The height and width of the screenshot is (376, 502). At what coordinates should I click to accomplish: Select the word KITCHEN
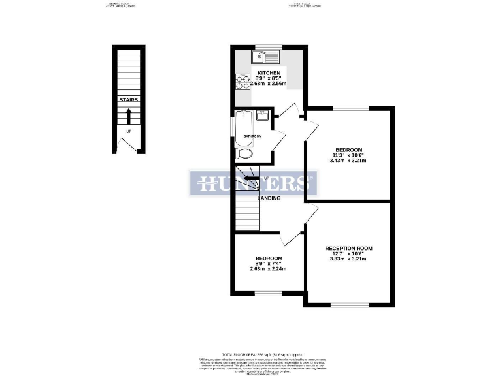[x=269, y=73]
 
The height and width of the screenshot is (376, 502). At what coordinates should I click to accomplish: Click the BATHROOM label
[x=252, y=136]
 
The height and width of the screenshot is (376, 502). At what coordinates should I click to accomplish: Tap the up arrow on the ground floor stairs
[x=129, y=116]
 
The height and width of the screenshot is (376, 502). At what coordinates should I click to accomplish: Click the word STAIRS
[x=129, y=100]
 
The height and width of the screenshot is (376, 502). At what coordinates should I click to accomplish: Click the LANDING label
[x=269, y=198]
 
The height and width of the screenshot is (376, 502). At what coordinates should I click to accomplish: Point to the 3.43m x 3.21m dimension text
[x=348, y=160]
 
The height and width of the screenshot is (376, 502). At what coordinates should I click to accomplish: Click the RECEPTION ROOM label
[x=348, y=249]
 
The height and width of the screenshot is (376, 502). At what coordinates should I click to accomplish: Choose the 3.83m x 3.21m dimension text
[x=348, y=259]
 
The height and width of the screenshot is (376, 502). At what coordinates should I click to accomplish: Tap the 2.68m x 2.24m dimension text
[x=269, y=268]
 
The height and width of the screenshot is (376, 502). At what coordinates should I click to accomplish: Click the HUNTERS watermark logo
[x=254, y=183]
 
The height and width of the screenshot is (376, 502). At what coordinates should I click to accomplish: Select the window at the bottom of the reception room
[x=348, y=305]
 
